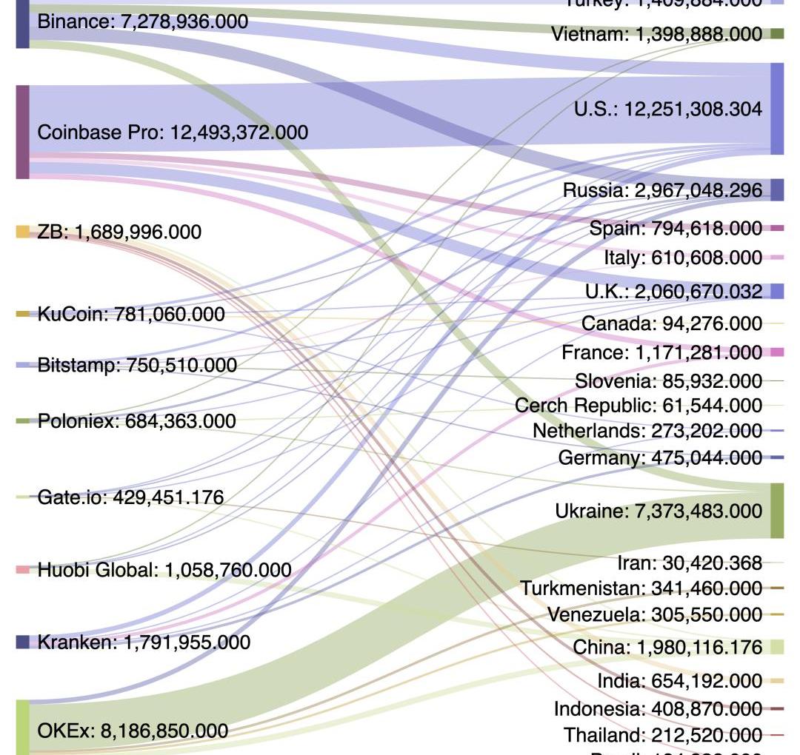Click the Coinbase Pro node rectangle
[23, 132]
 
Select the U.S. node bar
[777, 109]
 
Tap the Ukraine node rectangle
[777, 511]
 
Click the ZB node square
[23, 232]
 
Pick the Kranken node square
[23, 642]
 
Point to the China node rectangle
[777, 647]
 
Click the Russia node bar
[777, 189]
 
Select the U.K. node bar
[777, 291]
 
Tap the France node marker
[777, 352]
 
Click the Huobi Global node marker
[23, 570]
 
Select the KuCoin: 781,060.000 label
[130, 315]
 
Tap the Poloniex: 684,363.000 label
[136, 421]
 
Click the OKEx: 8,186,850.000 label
[133, 731]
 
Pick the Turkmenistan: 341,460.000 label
[641, 588]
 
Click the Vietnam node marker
[777, 33]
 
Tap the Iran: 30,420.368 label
[689, 563]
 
